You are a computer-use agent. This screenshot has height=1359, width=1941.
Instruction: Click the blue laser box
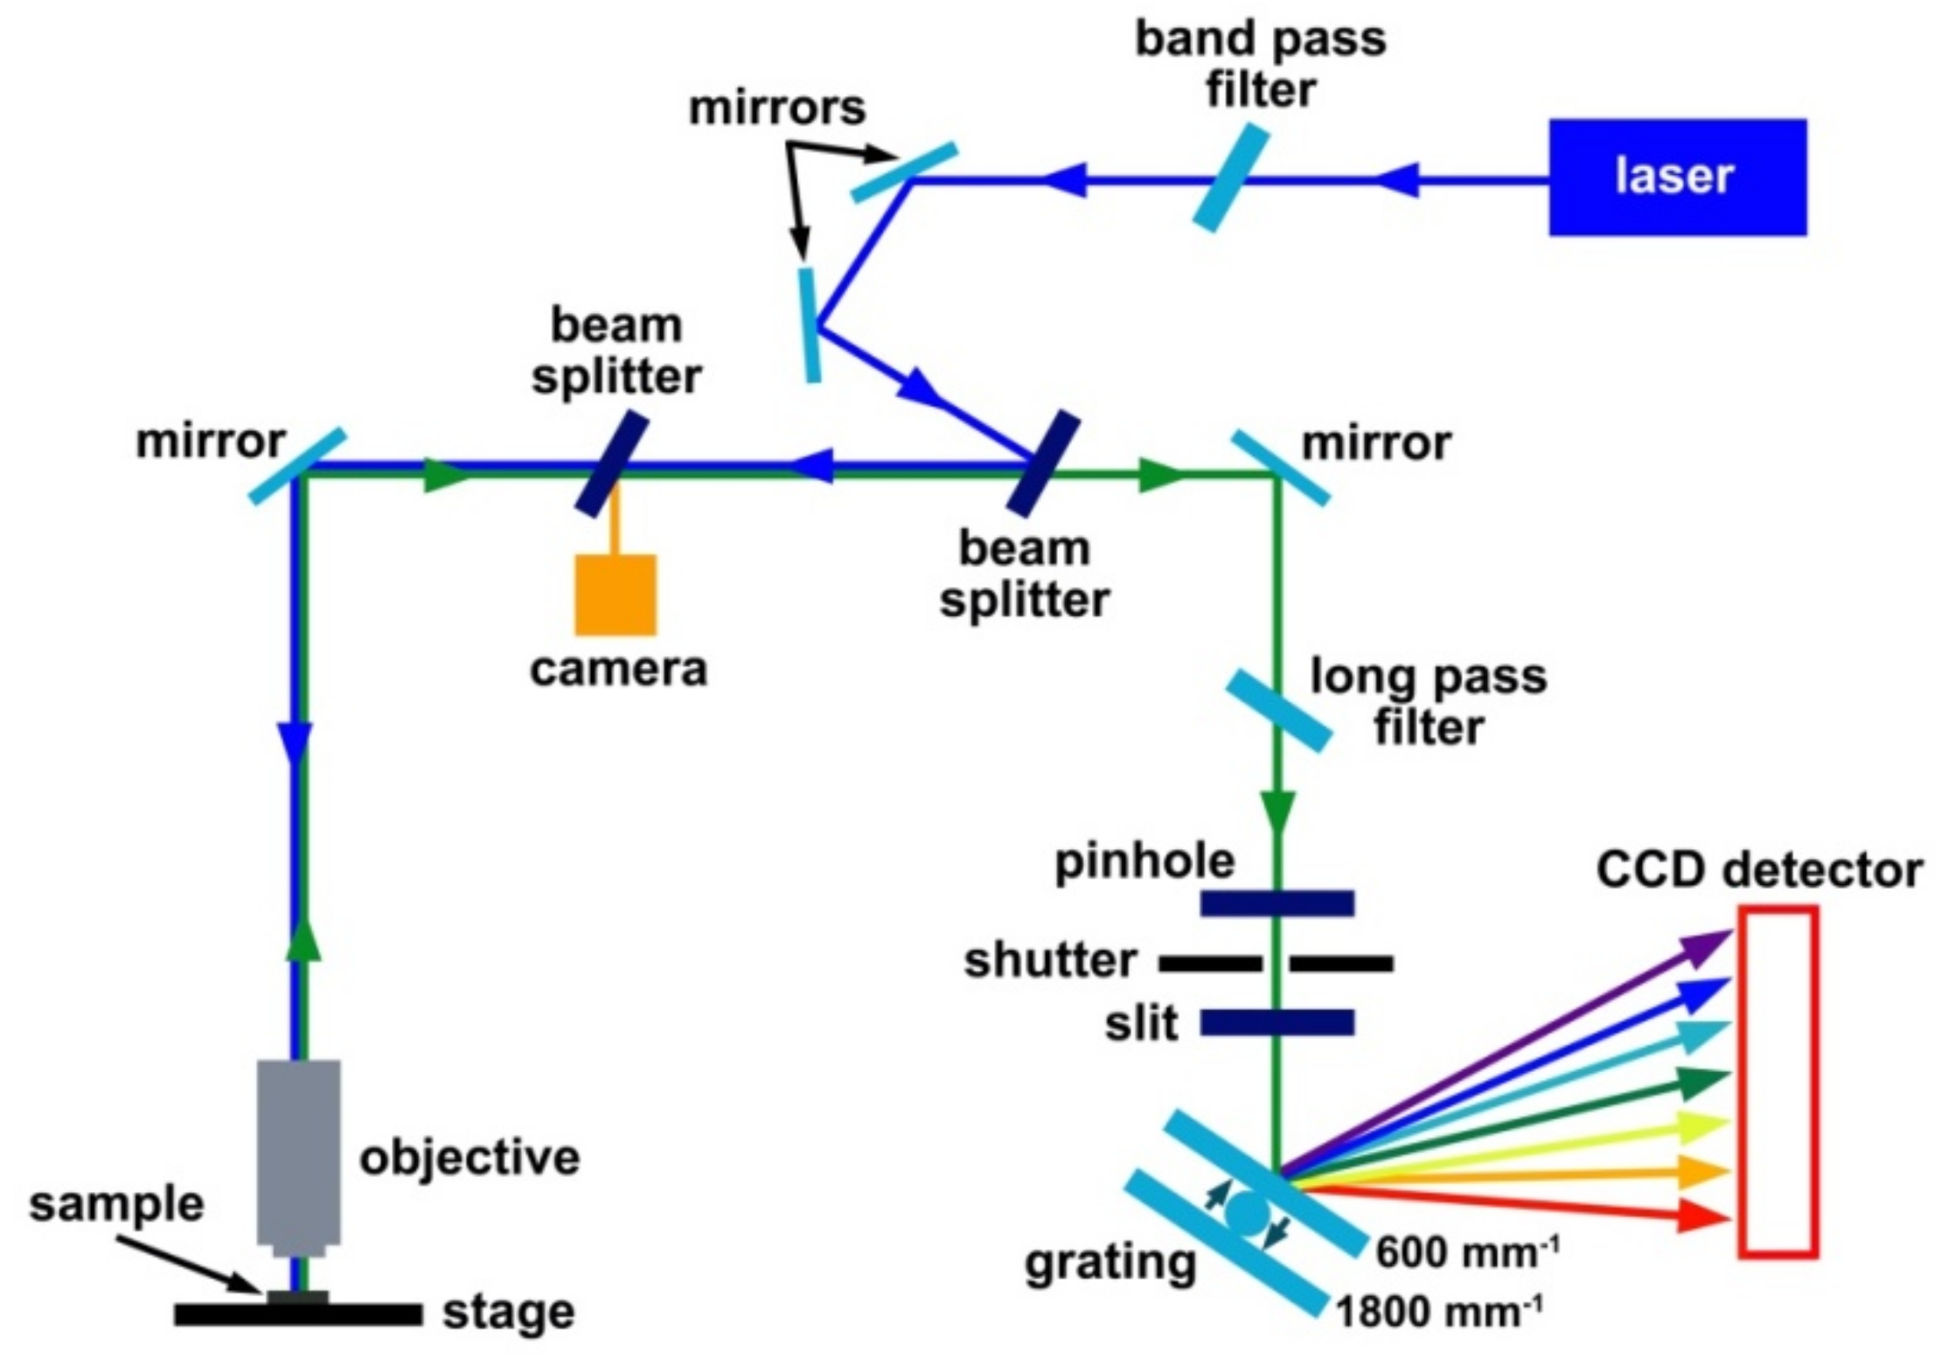tap(1677, 177)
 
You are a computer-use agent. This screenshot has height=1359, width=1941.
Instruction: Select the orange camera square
tap(615, 594)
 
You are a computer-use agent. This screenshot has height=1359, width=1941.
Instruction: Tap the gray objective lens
tap(298, 1151)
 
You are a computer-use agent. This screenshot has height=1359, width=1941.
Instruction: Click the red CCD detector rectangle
tap(1778, 1082)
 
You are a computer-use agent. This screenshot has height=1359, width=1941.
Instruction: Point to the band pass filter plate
tap(1230, 178)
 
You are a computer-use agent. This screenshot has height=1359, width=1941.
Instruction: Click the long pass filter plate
tap(1278, 710)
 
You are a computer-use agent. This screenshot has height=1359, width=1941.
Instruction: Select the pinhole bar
tap(1277, 903)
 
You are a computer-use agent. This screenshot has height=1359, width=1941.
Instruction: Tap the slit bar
tap(1277, 1022)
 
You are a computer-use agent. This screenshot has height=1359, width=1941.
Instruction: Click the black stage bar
tap(298, 1314)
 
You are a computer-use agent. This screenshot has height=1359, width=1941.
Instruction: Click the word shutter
tap(1050, 960)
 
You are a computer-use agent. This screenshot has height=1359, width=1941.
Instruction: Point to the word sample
tap(116, 1204)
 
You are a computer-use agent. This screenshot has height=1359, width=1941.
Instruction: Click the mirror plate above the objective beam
tap(297, 466)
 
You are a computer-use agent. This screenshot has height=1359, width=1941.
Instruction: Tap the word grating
tap(1110, 1263)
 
